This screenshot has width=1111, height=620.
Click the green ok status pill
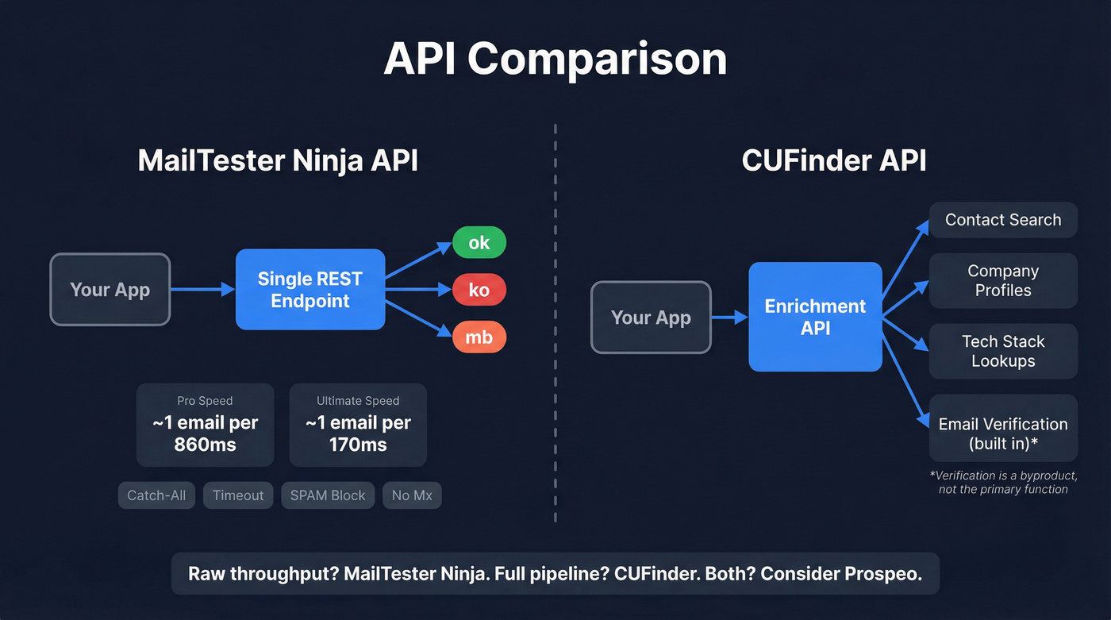[x=479, y=242]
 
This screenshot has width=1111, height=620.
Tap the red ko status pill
[x=479, y=290]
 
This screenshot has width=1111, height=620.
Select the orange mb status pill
[x=479, y=337]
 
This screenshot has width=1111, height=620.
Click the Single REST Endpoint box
[x=310, y=290]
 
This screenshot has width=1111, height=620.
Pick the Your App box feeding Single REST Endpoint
[x=110, y=290]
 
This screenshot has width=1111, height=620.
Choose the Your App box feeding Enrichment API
[x=651, y=318]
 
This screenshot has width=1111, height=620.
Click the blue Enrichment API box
[x=815, y=317]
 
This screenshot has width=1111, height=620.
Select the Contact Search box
[x=1003, y=220]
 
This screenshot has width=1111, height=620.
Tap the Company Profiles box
[x=1003, y=281]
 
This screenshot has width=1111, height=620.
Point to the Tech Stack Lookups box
[x=1003, y=351]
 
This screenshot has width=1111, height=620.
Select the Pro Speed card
[x=205, y=425]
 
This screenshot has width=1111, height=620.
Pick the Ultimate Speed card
[x=358, y=425]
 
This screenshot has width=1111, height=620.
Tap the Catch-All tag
[x=156, y=495]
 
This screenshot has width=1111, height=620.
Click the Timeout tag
[x=238, y=495]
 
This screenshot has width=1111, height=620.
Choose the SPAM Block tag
[x=328, y=495]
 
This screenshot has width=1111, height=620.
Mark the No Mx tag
[x=412, y=495]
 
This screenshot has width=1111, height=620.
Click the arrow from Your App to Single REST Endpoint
[x=202, y=290]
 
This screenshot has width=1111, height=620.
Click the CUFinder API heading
[x=834, y=160]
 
